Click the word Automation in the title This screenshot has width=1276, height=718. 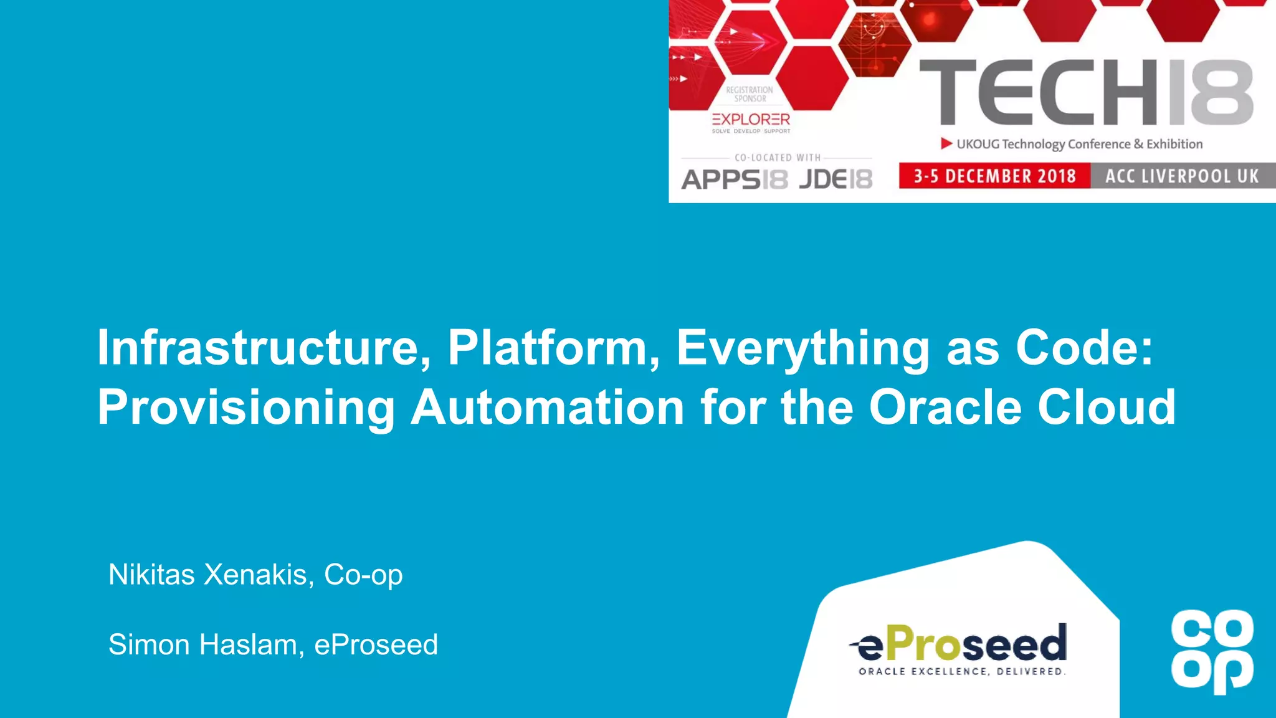pyautogui.click(x=548, y=407)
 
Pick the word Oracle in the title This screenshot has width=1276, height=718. pyautogui.click(x=945, y=407)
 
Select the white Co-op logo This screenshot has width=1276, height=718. pyautogui.click(x=1212, y=651)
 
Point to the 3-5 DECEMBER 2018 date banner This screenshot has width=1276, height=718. pyautogui.click(x=994, y=176)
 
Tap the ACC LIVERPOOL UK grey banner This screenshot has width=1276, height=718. pyautogui.click(x=1182, y=176)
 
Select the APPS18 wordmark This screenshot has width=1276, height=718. pyautogui.click(x=735, y=179)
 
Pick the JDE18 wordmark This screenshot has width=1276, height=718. pyautogui.click(x=836, y=179)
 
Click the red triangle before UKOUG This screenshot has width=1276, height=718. pyautogui.click(x=946, y=144)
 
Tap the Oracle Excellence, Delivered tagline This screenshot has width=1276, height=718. pyautogui.click(x=962, y=672)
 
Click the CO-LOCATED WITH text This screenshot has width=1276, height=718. pyautogui.click(x=777, y=158)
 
